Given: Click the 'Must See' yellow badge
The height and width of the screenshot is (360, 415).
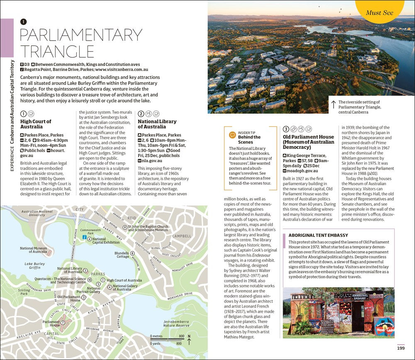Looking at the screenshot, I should pyautogui.click(x=379, y=12).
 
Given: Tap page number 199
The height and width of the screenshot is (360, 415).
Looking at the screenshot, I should pyautogui.click(x=400, y=348).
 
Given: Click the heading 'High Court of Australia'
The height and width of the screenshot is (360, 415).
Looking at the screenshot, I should pyautogui.click(x=36, y=124).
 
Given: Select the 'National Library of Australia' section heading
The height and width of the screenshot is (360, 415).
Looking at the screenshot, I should pyautogui.click(x=157, y=124).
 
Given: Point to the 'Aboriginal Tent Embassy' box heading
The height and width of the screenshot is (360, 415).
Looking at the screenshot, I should pyautogui.click(x=318, y=235).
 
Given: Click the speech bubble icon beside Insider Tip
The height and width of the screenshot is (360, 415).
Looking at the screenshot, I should pyautogui.click(x=232, y=135).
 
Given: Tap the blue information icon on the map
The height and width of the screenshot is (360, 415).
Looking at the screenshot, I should pyautogui.click(x=84, y=237).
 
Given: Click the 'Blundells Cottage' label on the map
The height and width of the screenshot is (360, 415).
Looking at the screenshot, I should pyautogui.click(x=122, y=254).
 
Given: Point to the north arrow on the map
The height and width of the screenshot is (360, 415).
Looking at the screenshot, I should pyautogui.click(x=189, y=340).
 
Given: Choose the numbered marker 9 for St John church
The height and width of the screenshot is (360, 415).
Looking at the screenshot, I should pyautogui.click(x=124, y=227).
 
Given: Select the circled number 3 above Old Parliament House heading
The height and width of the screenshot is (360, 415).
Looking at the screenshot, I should pyautogui.click(x=286, y=129).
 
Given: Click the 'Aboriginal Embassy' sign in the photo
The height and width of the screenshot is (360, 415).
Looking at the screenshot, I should pyautogui.click(x=360, y=297).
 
